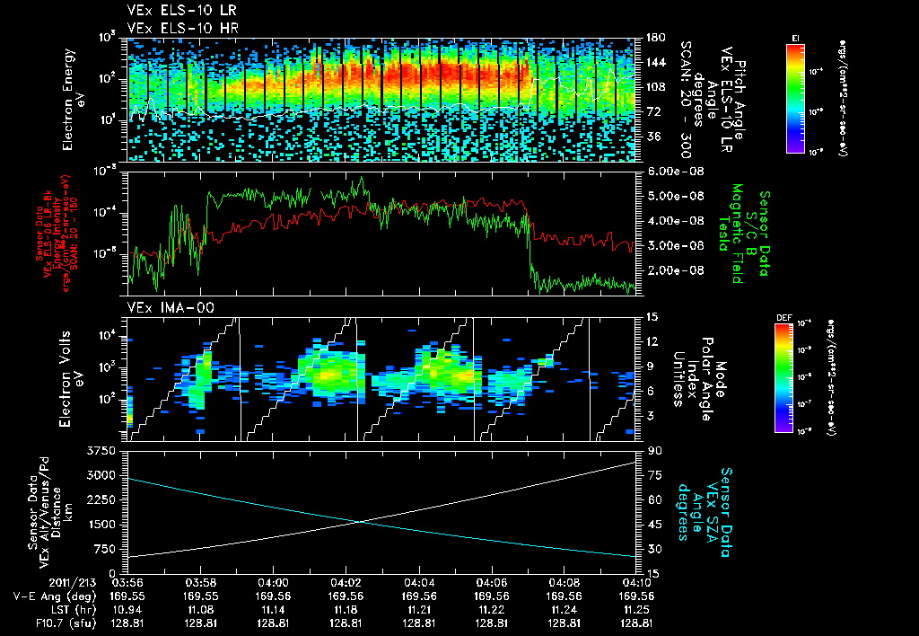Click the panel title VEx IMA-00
pyautogui.click(x=163, y=308)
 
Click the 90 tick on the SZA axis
pyautogui.click(x=653, y=450)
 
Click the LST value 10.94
pyautogui.click(x=127, y=608)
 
